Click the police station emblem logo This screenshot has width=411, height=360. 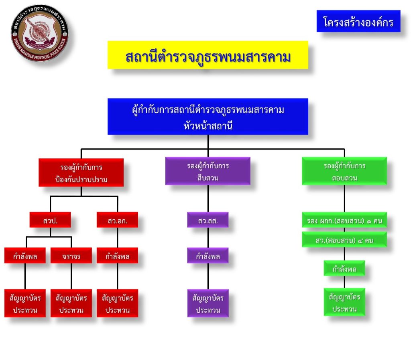[39, 33]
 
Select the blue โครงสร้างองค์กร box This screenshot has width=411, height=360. [358, 21]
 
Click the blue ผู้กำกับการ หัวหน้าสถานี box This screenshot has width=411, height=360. [208, 116]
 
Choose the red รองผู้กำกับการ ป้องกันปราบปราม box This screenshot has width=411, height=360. [81, 172]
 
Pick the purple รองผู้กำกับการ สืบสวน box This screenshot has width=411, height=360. [208, 171]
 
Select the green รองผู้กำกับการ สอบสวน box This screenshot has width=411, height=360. [344, 171]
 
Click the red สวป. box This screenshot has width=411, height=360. [50, 220]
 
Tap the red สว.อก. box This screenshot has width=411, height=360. [117, 220]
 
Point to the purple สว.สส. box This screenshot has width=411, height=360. [208, 220]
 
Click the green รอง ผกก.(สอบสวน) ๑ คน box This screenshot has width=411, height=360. [344, 220]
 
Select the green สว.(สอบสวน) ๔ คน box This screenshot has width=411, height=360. [344, 240]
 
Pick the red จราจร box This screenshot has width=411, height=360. [71, 256]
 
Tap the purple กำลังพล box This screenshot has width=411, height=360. [208, 256]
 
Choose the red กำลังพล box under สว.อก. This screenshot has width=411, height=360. [117, 256]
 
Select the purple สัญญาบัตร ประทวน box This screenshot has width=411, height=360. [208, 303]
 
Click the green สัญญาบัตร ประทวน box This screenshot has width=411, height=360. [344, 302]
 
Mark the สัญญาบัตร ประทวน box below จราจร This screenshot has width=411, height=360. [71, 303]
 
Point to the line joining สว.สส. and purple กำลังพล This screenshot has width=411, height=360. [208, 238]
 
